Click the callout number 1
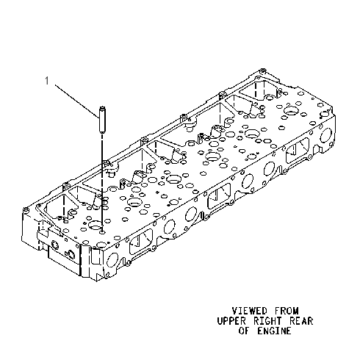[47, 81]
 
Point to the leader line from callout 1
[76, 101]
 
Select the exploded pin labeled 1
[102, 120]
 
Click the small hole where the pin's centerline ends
[103, 231]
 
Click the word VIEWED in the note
[250, 311]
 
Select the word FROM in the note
[287, 311]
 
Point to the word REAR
[301, 321]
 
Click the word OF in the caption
[244, 331]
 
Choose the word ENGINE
[274, 331]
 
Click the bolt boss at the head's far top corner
[263, 71]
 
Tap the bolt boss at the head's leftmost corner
[26, 210]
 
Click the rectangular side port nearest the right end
[298, 150]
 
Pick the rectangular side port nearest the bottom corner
[140, 241]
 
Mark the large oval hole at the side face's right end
[325, 135]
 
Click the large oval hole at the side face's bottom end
[112, 261]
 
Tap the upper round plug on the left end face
[54, 245]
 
